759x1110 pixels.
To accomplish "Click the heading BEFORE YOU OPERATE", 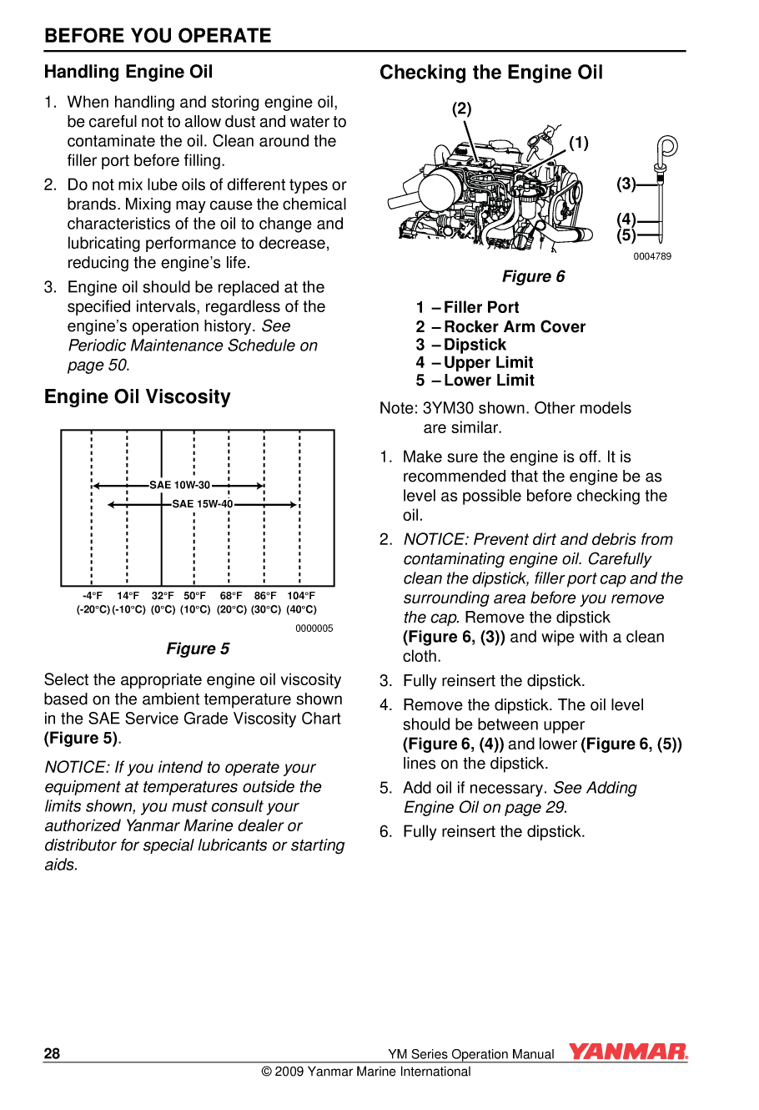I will [158, 36].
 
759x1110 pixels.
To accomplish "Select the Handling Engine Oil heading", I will [128, 72].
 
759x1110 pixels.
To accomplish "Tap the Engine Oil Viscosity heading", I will [137, 396].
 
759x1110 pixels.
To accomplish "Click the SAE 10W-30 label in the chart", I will [179, 485].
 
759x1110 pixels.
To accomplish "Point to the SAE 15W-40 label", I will [203, 504].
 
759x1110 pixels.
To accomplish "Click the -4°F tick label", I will [93, 596].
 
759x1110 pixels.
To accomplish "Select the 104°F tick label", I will [301, 596].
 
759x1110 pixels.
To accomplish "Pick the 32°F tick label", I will [163, 596].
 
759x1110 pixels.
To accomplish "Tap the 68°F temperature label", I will [231, 596].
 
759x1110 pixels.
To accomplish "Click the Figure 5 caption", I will [198, 648].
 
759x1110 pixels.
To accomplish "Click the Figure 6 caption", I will [533, 276].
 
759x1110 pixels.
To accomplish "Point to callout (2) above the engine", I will [461, 108].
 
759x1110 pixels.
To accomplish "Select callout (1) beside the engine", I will [579, 143].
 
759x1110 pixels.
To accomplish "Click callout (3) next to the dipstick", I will [626, 184].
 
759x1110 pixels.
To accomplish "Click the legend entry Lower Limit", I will [489, 380].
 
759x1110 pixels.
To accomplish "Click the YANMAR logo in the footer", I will [628, 1052].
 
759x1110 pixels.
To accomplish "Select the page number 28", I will [52, 1053].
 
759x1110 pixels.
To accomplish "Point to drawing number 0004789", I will [651, 256].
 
